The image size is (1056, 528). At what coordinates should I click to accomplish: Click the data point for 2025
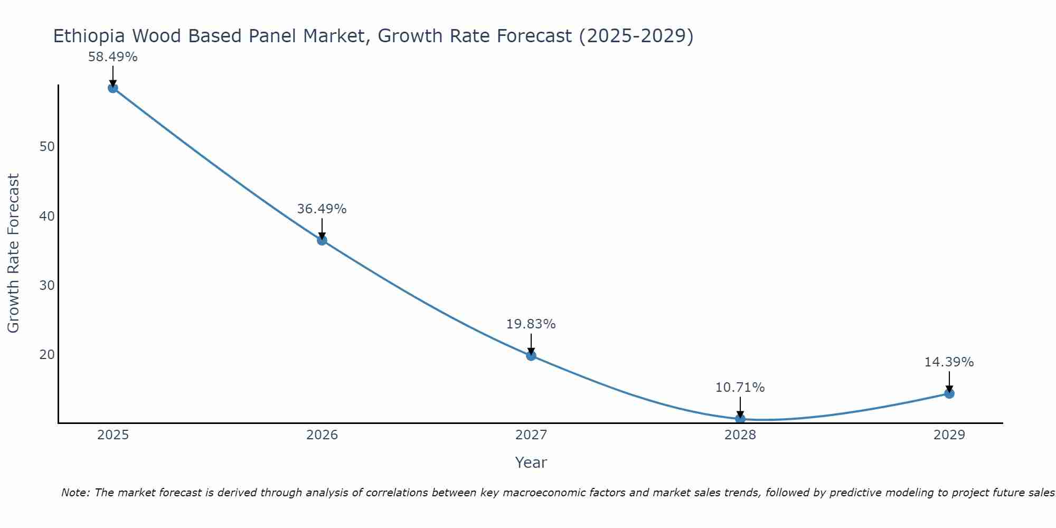pyautogui.click(x=112, y=88)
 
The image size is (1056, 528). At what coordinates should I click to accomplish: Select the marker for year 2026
pyautogui.click(x=322, y=240)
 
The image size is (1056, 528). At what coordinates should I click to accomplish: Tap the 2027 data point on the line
pyautogui.click(x=531, y=356)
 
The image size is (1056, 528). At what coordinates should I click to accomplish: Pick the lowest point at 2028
pyautogui.click(x=740, y=419)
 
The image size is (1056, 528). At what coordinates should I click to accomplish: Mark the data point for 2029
pyautogui.click(x=949, y=393)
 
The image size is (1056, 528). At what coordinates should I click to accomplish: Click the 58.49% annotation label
pyautogui.click(x=112, y=57)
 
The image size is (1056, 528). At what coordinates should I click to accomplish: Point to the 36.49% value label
pyautogui.click(x=322, y=209)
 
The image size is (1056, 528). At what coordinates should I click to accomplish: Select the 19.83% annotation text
pyautogui.click(x=531, y=324)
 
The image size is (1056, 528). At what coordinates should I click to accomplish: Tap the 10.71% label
pyautogui.click(x=740, y=388)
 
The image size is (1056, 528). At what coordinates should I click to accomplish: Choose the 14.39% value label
pyautogui.click(x=949, y=362)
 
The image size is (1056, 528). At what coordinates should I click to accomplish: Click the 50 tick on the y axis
pyautogui.click(x=47, y=147)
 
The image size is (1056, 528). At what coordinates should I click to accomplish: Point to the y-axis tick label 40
pyautogui.click(x=47, y=216)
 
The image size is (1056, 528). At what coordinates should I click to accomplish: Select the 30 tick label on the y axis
pyautogui.click(x=47, y=286)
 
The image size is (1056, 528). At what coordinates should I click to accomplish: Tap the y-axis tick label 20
pyautogui.click(x=47, y=354)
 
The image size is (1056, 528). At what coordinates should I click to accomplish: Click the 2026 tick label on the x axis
pyautogui.click(x=322, y=435)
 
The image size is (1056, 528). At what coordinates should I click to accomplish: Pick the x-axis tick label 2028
pyautogui.click(x=740, y=435)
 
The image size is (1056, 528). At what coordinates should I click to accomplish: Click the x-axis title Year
pyautogui.click(x=531, y=463)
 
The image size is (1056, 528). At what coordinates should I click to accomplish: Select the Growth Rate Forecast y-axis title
pyautogui.click(x=14, y=253)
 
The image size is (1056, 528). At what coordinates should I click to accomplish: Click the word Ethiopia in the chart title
pyautogui.click(x=89, y=36)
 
